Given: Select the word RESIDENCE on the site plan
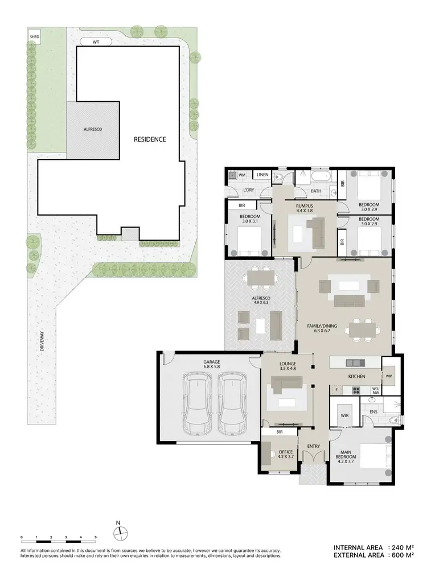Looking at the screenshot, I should click(x=150, y=139).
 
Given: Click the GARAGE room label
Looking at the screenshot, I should click(x=212, y=365).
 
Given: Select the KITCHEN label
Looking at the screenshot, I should click(x=356, y=377).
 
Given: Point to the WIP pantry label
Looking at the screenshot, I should click(x=389, y=377).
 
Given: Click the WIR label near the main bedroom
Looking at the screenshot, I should click(x=344, y=416).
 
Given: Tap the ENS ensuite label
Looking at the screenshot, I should click(x=373, y=411).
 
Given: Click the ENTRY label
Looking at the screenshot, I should click(x=313, y=446).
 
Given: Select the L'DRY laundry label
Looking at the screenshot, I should click(x=248, y=189).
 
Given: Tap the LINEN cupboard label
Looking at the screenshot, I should click(x=262, y=175).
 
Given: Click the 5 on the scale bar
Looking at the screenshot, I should click(x=96, y=537).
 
